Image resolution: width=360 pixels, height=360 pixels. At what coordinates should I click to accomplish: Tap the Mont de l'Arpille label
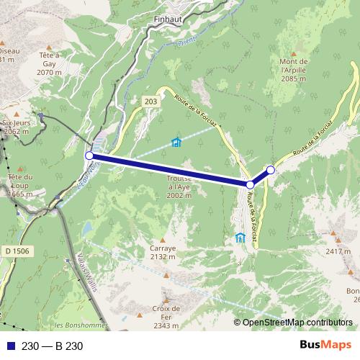pos(294,70)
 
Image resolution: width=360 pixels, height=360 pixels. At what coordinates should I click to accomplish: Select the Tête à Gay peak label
pos(49,63)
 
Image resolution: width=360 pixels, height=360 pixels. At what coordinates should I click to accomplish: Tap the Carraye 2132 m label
pos(163,251)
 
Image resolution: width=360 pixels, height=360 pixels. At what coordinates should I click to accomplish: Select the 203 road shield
pos(150,102)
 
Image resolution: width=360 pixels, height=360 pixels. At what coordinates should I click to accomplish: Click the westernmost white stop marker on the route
pos(89,155)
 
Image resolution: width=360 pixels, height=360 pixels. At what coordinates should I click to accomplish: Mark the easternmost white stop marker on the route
pos(271,170)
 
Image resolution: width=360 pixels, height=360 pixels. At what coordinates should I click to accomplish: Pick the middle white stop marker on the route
pos(250,185)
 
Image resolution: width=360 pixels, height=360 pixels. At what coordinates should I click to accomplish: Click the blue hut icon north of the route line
pos(176,142)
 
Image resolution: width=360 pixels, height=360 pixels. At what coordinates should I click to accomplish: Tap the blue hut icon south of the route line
pos(240,238)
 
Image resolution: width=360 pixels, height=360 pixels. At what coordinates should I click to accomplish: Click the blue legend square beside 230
pos(9,346)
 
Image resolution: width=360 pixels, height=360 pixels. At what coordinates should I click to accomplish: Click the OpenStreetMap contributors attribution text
pos(293,323)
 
